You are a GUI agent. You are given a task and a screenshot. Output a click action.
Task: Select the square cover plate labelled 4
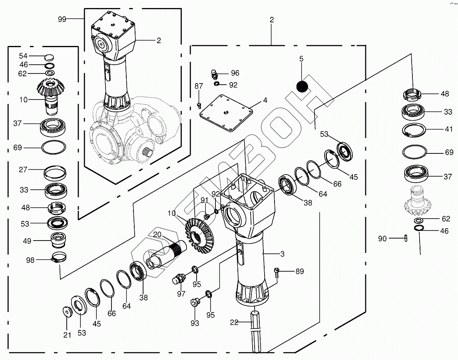click(x=226, y=112)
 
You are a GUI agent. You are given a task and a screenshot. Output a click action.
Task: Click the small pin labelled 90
click(x=406, y=238)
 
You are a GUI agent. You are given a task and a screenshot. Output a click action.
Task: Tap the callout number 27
click(x=23, y=169)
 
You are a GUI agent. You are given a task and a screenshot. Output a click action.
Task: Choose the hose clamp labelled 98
click(x=59, y=259)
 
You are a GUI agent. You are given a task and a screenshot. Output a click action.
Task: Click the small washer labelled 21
click(x=66, y=311)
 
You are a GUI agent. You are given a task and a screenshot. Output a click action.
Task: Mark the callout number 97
click(x=181, y=294)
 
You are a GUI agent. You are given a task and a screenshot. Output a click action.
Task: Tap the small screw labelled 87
click(x=199, y=105)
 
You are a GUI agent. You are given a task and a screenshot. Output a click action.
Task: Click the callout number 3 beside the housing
click(x=282, y=254)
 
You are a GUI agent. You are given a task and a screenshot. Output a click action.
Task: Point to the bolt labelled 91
click(x=207, y=216)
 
